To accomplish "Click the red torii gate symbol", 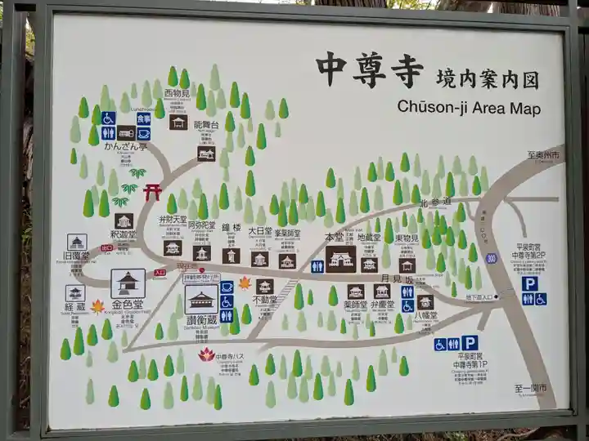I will coord(152,192).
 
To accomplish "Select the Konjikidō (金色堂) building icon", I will coord(128,283).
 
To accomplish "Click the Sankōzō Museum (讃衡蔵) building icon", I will coord(201,299).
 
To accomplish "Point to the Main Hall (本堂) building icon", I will coord(341,259).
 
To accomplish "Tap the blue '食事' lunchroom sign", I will coord(143,118).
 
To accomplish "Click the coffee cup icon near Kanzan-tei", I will coord(143,133).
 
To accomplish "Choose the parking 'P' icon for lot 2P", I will coord(530,283).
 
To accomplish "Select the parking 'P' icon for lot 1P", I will coord(470,343).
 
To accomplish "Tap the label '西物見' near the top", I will coord(178,93).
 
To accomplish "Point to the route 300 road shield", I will coord(491,258).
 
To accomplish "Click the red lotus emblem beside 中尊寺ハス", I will coord(206,354).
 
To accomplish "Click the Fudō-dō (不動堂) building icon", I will coord(264,286).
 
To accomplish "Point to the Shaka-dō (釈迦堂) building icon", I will coord(124,221).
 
